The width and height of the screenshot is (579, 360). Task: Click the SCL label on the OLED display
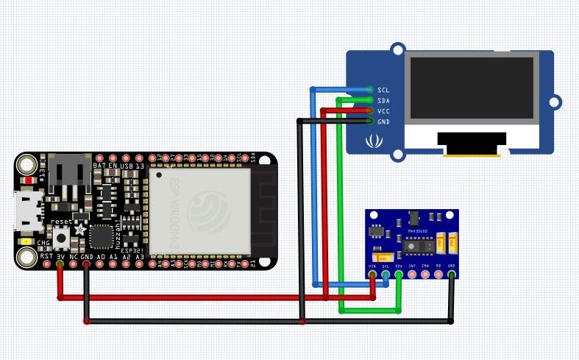click(383, 89)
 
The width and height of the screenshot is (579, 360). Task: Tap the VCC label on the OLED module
click(383, 110)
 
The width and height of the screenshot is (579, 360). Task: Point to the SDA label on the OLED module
click(383, 100)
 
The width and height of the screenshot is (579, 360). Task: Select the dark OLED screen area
click(472, 88)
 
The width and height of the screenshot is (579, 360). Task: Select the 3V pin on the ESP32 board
click(60, 263)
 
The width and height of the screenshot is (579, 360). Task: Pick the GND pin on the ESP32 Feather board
click(87, 263)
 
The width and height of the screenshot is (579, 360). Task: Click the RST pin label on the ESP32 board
click(46, 255)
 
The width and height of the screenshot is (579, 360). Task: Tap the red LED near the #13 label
click(28, 180)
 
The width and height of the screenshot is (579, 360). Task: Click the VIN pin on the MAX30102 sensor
click(372, 275)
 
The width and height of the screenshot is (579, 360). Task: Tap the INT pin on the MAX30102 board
click(412, 275)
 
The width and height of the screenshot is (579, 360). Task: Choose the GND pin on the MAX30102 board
click(452, 275)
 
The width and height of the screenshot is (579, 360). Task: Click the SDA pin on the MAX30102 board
click(399, 275)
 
